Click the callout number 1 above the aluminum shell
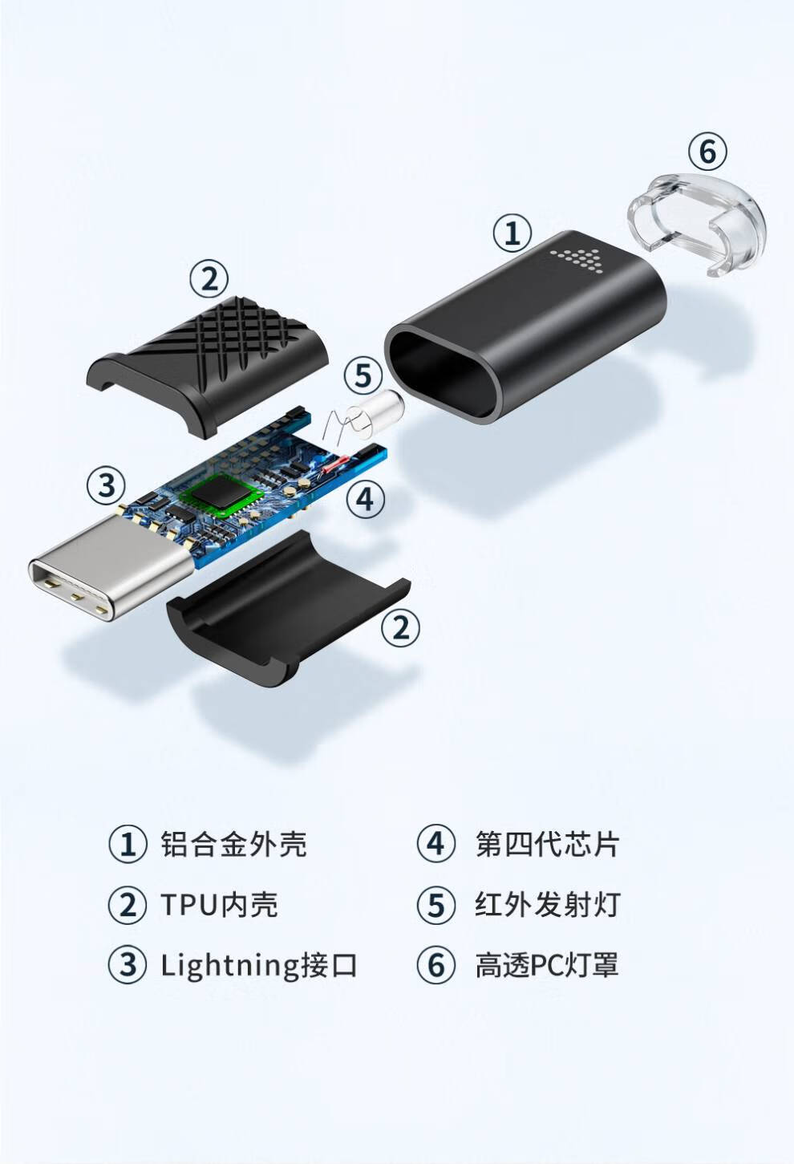click(x=512, y=233)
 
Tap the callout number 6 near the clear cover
click(x=707, y=151)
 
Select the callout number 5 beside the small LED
click(x=363, y=375)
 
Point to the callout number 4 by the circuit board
click(x=365, y=499)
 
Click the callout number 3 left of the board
click(x=107, y=485)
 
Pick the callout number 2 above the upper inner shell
click(x=209, y=279)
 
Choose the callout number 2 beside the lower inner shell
click(x=400, y=626)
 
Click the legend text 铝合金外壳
click(x=233, y=844)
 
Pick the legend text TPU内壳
click(x=219, y=904)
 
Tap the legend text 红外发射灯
click(x=547, y=904)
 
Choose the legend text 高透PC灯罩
click(x=547, y=964)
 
